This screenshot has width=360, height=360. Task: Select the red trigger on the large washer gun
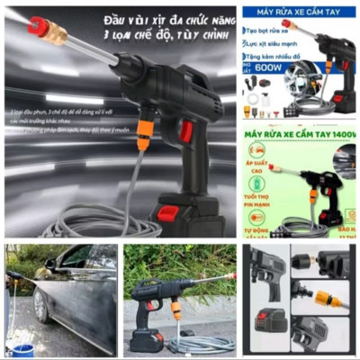[185, 132]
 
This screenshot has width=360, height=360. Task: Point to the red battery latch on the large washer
[168, 214]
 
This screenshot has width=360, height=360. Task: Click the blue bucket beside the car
[22, 347]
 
